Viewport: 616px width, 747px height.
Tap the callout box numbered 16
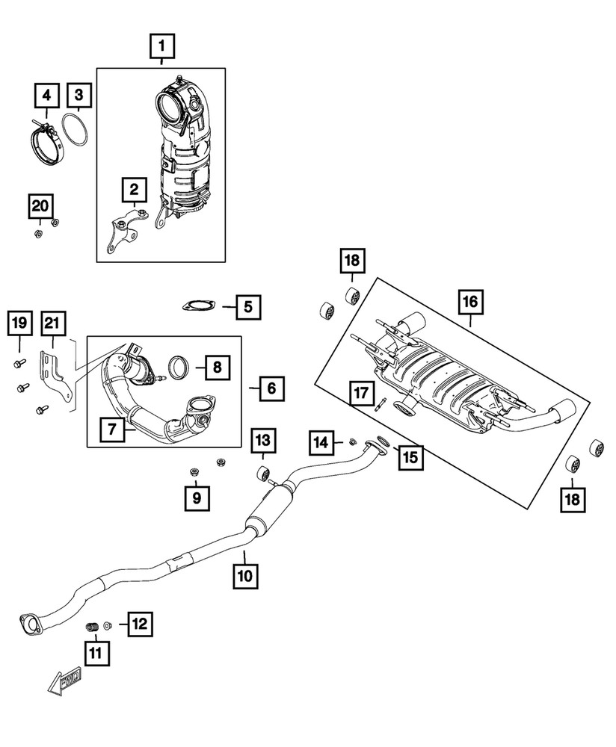[x=471, y=302]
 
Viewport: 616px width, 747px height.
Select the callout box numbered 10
[x=247, y=576]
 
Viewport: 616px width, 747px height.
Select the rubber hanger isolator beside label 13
[x=263, y=474]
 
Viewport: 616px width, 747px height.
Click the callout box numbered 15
[x=408, y=455]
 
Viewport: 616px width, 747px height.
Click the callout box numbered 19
[x=19, y=323]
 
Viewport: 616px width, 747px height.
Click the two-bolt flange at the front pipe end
[x=28, y=622]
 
